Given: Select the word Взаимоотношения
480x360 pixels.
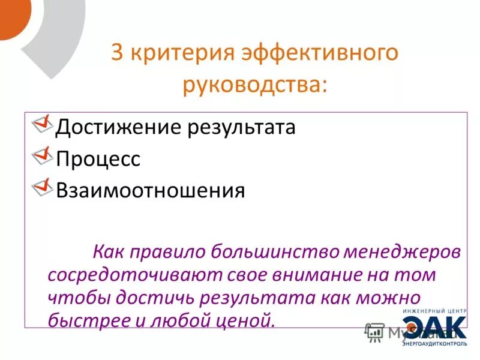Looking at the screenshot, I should (x=150, y=190).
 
